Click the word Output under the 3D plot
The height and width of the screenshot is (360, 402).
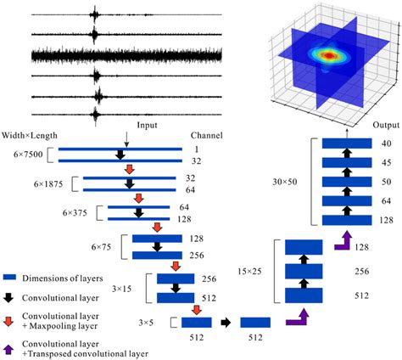(x=383, y=124)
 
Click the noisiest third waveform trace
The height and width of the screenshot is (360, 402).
(x=127, y=54)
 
